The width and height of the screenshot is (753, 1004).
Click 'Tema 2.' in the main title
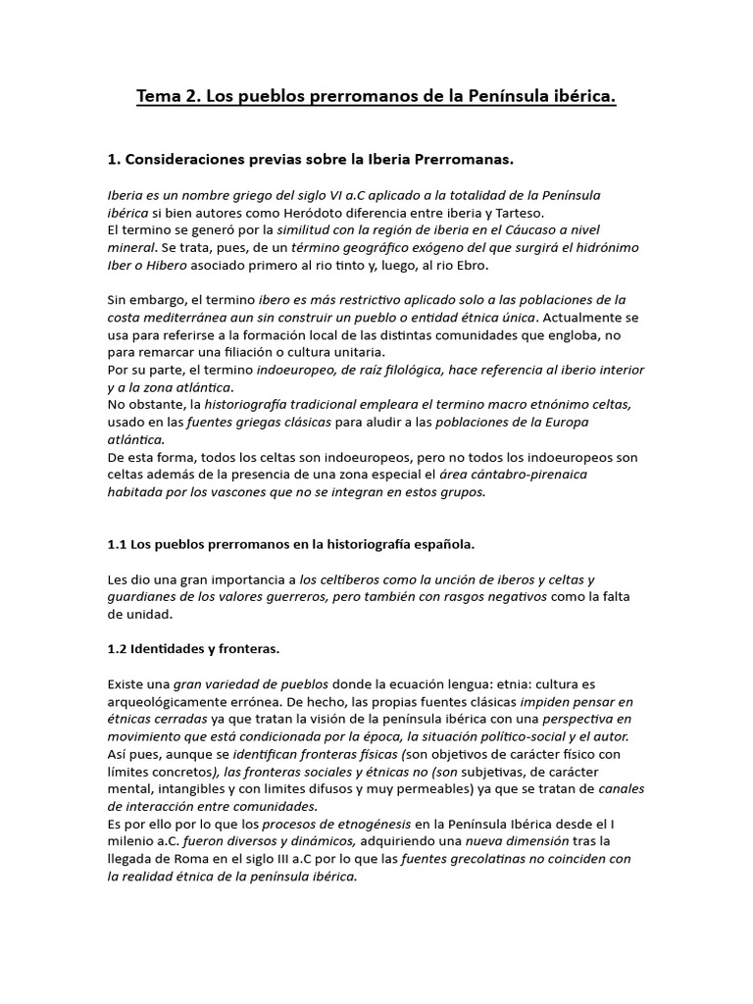pos(169,97)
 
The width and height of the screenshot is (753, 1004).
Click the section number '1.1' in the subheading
pos(118,543)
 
